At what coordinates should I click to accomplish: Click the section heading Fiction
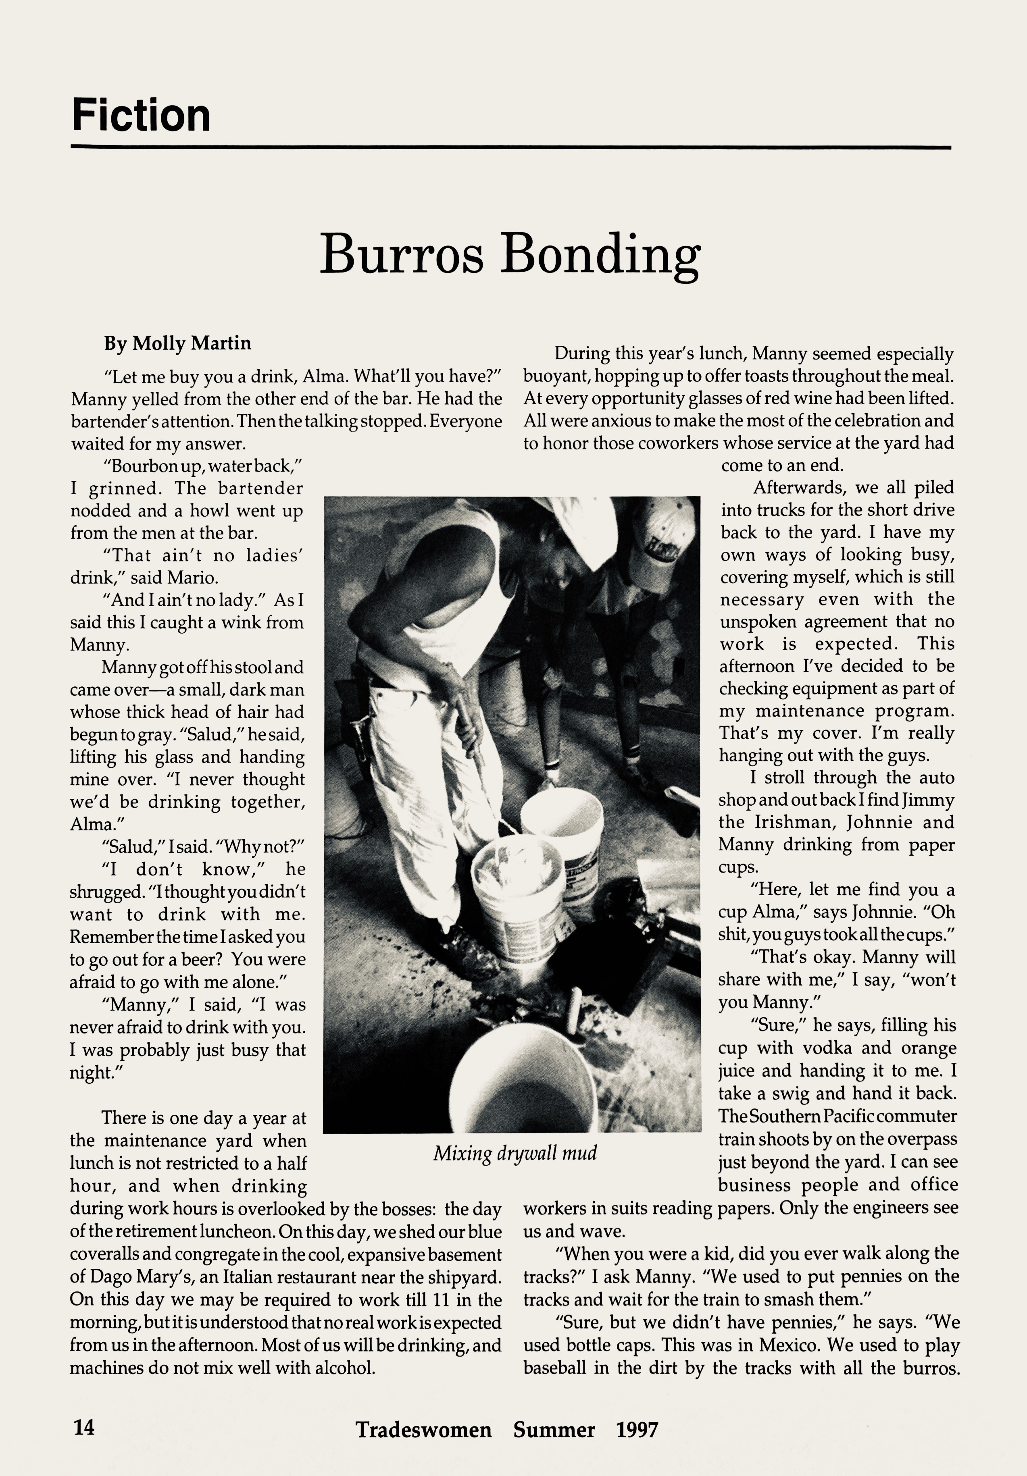(141, 116)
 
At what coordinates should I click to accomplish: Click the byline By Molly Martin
(177, 343)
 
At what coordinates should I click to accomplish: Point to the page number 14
(83, 1427)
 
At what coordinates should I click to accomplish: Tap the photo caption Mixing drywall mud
(515, 1153)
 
